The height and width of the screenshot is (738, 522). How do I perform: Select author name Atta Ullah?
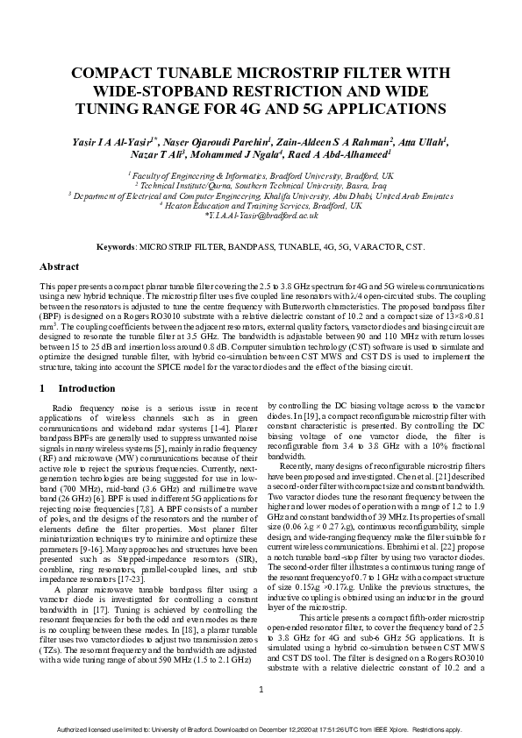(422, 140)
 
